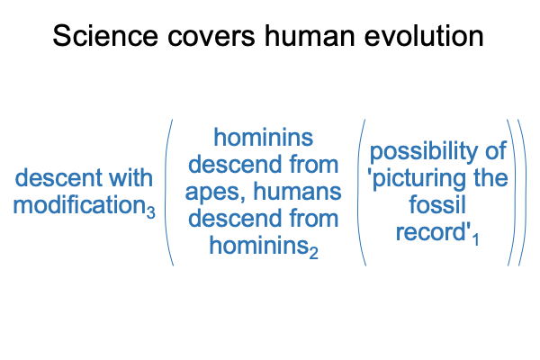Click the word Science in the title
105,36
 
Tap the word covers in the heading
211,38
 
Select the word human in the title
310,36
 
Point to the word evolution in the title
424,36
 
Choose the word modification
79,204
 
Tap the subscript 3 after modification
151,211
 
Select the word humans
298,191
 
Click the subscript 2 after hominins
313,253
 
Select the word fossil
437,204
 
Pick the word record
430,233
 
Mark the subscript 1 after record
475,239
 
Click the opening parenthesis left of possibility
361,193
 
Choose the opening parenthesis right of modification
169,193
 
